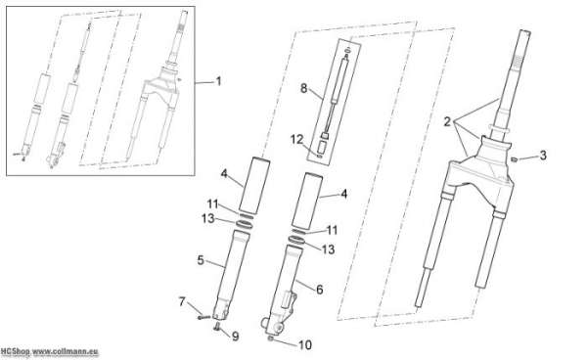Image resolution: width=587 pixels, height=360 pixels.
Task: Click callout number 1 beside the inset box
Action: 218,81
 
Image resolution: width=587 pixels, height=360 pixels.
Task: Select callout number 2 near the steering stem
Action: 447,122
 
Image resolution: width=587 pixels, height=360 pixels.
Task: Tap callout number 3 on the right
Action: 543,156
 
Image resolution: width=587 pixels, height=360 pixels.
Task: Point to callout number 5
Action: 201,260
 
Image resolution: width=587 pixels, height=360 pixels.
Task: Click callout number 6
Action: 319,290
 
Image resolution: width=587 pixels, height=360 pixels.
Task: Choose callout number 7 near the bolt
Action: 182,301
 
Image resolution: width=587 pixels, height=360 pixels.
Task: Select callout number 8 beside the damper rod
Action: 303,89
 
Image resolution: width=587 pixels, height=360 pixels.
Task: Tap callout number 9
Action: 235,337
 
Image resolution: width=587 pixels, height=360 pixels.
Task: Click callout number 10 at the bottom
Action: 305,345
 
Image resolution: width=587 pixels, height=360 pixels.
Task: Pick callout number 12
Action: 296,140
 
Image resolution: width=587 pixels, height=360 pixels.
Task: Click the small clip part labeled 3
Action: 515,159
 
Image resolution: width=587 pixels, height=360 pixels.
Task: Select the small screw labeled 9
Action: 216,328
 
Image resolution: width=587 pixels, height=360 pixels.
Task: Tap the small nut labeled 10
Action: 271,338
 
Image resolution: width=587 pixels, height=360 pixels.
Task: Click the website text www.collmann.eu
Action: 66,351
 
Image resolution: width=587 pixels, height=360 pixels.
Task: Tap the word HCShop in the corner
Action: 15,351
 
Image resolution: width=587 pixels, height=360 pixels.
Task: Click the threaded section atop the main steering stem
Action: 519,61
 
